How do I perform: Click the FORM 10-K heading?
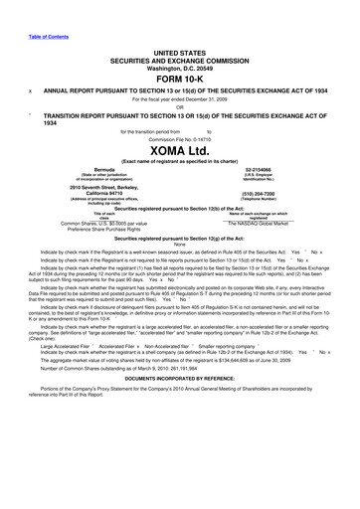180,78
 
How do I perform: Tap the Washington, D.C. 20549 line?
180,67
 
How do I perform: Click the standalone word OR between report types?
180,105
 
